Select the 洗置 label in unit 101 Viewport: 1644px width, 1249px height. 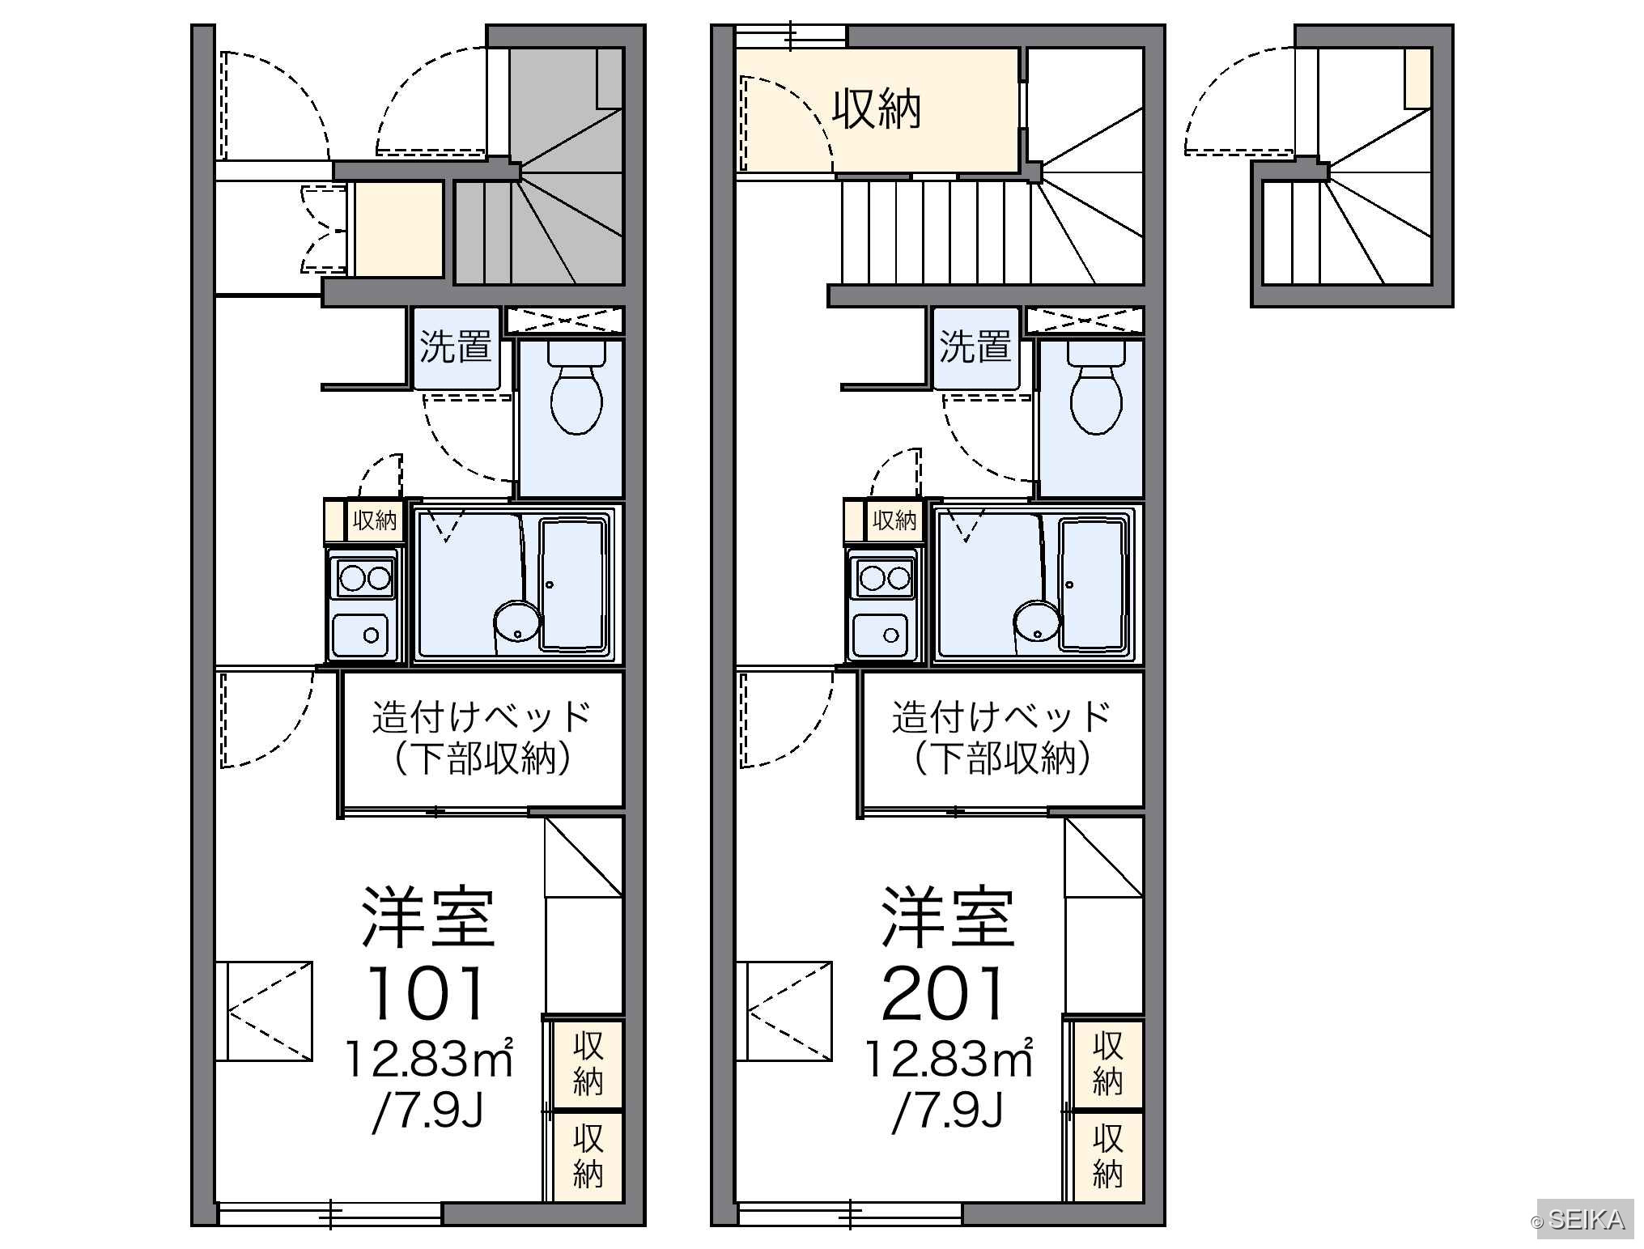pos(455,346)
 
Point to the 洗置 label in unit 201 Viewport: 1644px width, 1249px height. pos(975,346)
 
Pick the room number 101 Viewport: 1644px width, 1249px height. pos(427,992)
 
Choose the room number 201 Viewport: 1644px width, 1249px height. pos(944,992)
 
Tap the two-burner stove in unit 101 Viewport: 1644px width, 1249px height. pos(364,578)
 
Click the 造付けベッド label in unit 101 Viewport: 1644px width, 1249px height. pos(482,717)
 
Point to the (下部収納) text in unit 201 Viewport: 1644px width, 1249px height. pos(1002,759)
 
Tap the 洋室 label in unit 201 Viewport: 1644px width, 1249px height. pos(947,917)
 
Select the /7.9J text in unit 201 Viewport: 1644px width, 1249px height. pos(947,1110)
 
